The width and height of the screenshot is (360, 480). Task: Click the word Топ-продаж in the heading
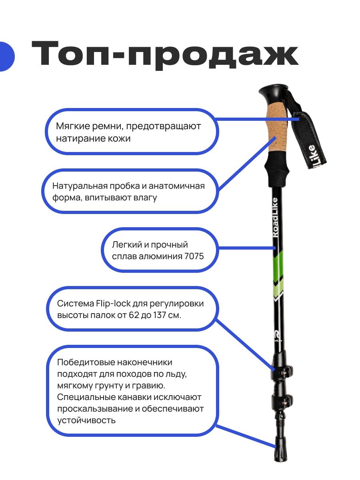(x=165, y=56)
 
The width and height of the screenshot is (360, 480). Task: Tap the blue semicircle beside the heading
(x=6, y=56)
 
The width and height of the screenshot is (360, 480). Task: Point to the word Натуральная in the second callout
(x=80, y=186)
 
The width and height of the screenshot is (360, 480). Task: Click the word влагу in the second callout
(x=145, y=198)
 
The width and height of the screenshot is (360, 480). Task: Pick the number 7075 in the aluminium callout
(x=194, y=256)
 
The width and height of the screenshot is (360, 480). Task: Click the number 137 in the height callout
(x=159, y=315)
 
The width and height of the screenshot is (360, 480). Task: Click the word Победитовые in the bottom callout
(x=86, y=362)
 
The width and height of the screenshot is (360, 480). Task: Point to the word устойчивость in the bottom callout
(x=86, y=420)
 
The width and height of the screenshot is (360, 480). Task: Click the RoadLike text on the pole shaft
(x=275, y=217)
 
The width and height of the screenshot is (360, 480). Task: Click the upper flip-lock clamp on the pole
(x=282, y=371)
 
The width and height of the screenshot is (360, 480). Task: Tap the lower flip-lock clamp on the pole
(x=282, y=400)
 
